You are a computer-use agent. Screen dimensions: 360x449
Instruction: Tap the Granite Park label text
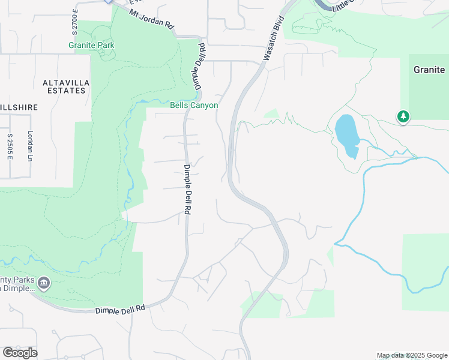click(x=91, y=45)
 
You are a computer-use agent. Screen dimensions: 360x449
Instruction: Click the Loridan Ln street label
click(x=28, y=146)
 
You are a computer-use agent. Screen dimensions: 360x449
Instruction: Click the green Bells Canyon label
click(x=194, y=105)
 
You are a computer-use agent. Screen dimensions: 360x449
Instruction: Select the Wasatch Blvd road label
click(x=273, y=39)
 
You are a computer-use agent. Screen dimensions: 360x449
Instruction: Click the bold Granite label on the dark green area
click(x=429, y=70)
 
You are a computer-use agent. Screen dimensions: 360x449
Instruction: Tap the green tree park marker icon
click(x=403, y=116)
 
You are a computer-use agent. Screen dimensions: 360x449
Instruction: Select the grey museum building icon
click(x=43, y=282)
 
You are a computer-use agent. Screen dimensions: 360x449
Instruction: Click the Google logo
click(x=20, y=353)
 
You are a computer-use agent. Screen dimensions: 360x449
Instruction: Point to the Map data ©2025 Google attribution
click(x=412, y=355)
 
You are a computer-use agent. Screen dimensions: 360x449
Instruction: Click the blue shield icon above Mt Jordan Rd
click(x=109, y=2)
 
